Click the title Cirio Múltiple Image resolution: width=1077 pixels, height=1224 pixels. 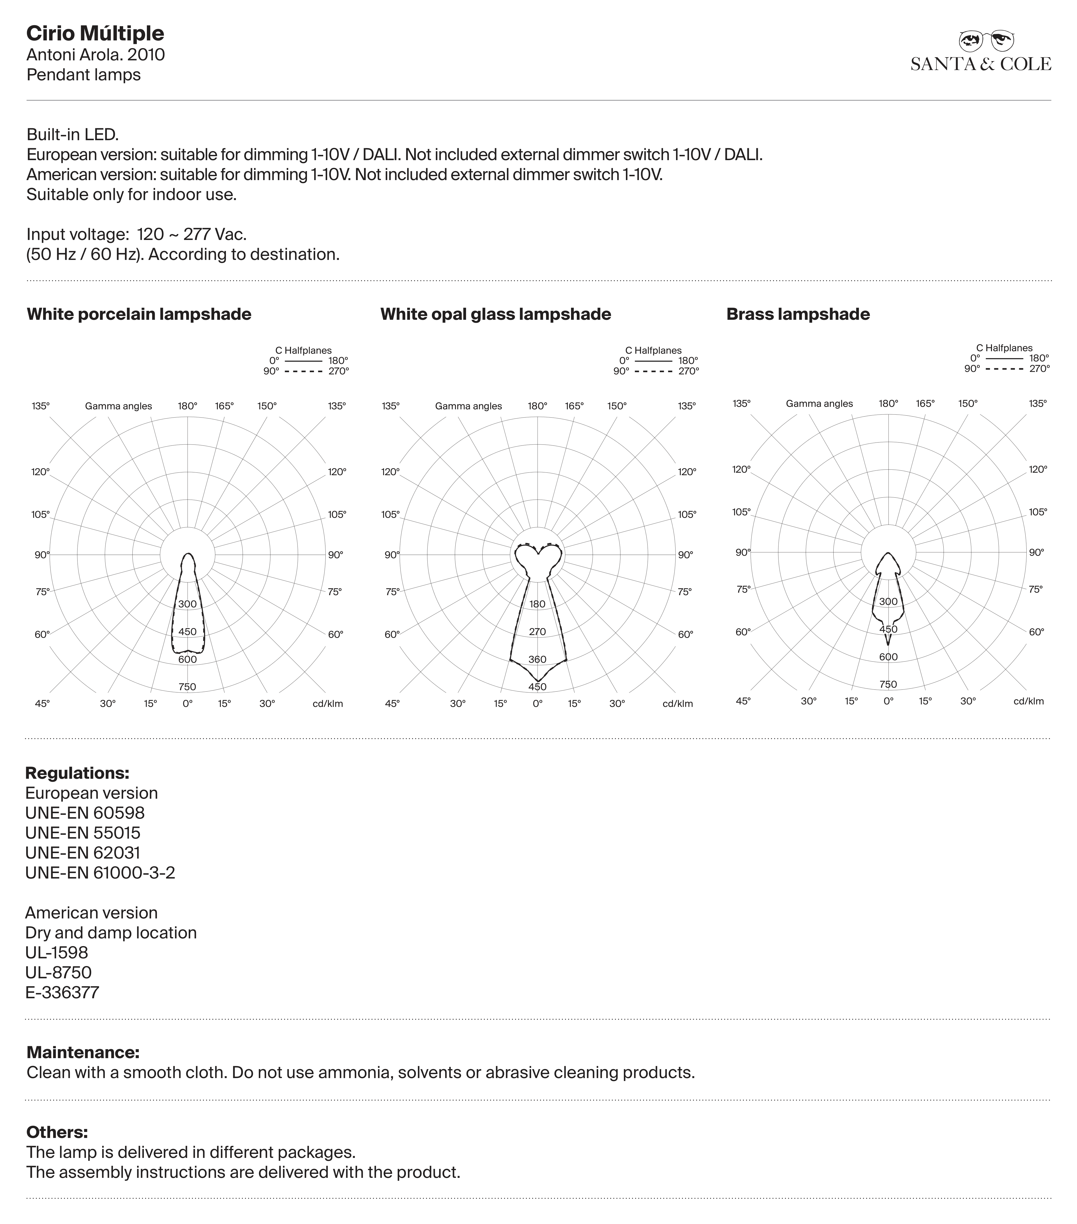(x=95, y=33)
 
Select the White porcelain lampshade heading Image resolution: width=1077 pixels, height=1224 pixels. (x=139, y=314)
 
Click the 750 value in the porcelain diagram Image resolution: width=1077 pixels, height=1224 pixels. (x=187, y=687)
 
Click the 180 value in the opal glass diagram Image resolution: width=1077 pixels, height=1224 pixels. (x=538, y=604)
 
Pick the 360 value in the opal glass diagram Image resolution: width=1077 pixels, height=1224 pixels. (x=538, y=659)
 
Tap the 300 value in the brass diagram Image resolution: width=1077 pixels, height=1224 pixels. (x=888, y=602)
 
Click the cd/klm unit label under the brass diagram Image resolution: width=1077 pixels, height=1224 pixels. (x=1029, y=701)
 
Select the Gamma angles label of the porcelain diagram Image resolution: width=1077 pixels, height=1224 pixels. (x=118, y=406)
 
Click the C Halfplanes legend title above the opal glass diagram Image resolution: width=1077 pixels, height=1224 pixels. (x=653, y=350)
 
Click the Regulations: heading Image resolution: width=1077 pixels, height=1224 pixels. (x=77, y=773)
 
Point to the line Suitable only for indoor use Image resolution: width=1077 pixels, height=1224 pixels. (x=132, y=195)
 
